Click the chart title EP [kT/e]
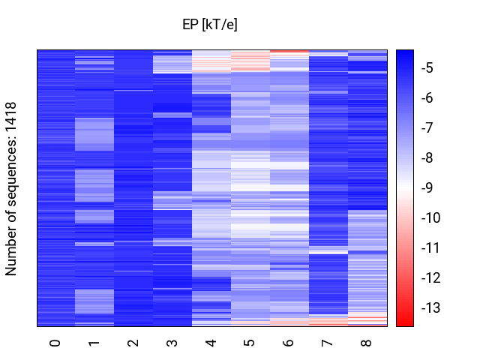(x=210, y=24)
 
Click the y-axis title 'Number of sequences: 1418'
(x=10, y=189)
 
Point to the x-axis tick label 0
(x=55, y=343)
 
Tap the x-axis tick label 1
(x=94, y=343)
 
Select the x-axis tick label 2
(x=133, y=343)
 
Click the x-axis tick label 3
(x=172, y=343)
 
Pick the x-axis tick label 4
(x=211, y=343)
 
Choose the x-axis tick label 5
(x=250, y=343)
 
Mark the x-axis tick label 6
(x=289, y=343)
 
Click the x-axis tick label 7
(x=328, y=343)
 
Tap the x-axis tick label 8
(x=367, y=343)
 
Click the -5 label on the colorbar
(x=427, y=68)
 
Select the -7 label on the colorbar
(x=427, y=127)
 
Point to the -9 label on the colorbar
(x=427, y=187)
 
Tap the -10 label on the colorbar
(x=430, y=217)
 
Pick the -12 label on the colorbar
(x=430, y=277)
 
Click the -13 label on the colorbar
(x=430, y=307)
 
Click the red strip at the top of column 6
(x=289, y=51)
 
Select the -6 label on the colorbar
(x=427, y=98)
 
